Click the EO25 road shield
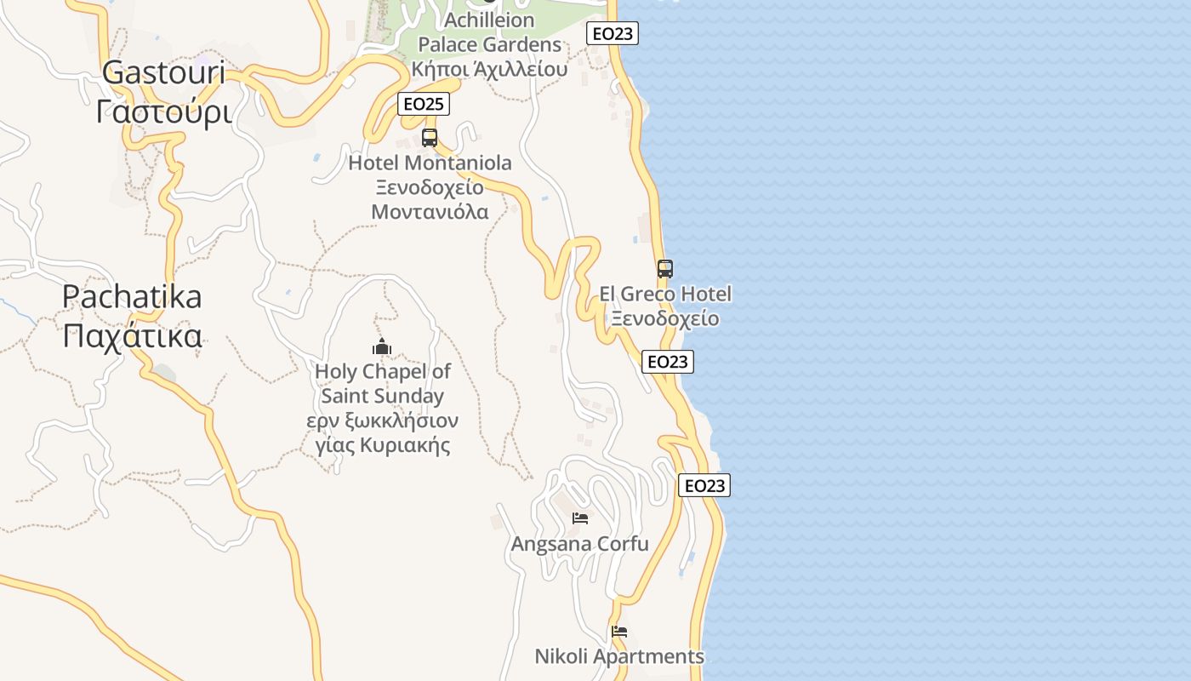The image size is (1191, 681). click(424, 104)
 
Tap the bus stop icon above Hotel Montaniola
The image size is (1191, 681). click(430, 137)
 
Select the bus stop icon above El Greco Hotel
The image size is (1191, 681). click(665, 269)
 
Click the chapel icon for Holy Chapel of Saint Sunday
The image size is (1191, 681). click(382, 346)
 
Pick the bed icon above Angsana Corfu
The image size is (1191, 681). click(580, 518)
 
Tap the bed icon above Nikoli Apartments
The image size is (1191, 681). click(619, 632)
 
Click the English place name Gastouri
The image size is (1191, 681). click(164, 73)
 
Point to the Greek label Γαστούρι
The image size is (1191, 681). click(164, 112)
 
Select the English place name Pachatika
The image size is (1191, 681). click(132, 297)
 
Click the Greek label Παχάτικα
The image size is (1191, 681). click(132, 336)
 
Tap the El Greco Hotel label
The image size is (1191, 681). click(665, 295)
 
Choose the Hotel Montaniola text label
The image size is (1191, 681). click(430, 163)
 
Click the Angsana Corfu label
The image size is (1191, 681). click(580, 544)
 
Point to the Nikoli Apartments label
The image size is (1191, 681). click(619, 656)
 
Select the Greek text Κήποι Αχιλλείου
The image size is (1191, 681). click(489, 69)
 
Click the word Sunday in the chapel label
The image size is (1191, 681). click(409, 397)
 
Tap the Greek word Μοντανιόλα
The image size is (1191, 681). click(430, 212)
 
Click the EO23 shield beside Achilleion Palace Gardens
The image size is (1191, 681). click(613, 34)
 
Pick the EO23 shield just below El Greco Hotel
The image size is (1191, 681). click(668, 362)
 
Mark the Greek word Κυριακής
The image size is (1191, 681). click(404, 445)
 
